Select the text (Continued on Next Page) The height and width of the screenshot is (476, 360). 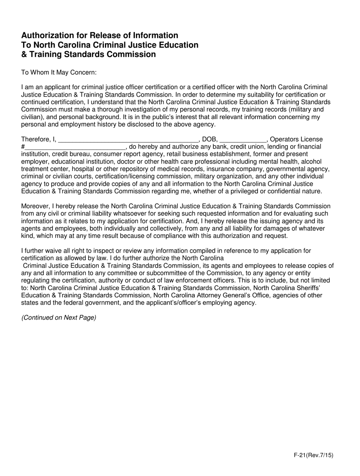point(59,317)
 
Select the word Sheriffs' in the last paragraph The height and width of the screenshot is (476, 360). point(322,288)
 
